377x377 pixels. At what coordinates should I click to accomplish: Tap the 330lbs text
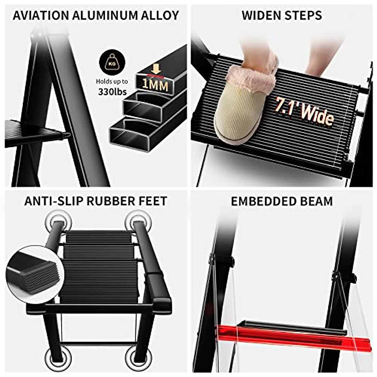(x=112, y=92)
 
